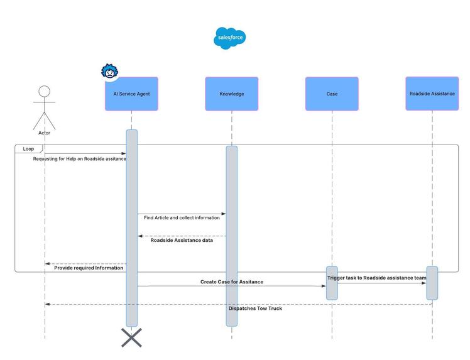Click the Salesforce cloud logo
coord(229,38)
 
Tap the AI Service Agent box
coord(131,94)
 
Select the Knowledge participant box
coord(231,94)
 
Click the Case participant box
coord(332,94)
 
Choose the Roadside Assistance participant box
coord(432,94)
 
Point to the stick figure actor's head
coord(44,92)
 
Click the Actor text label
coord(44,133)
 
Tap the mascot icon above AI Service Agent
coord(111,72)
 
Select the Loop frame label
coord(28,149)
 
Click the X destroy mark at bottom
coord(131,337)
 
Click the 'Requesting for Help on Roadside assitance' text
coord(80,159)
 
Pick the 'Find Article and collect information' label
coord(182,218)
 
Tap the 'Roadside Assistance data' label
coord(182,240)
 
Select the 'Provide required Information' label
coord(89,268)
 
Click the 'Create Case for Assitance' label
coord(232,282)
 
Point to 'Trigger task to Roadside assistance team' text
coord(376,278)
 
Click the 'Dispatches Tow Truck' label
coord(255,308)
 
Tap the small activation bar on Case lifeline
coord(332,283)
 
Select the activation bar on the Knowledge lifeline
coord(232,236)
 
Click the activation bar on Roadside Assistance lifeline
coord(432,283)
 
